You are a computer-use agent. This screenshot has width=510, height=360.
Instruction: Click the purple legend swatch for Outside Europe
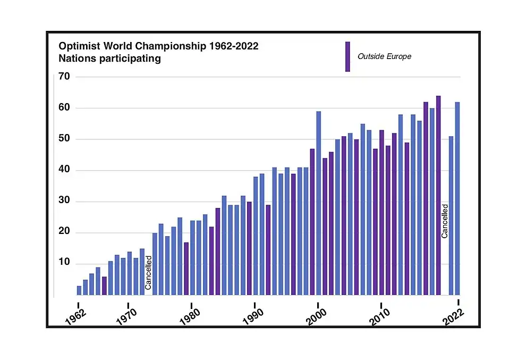(347, 56)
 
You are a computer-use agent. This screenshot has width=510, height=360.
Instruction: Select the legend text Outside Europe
(384, 56)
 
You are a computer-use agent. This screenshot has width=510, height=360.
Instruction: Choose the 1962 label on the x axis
(76, 316)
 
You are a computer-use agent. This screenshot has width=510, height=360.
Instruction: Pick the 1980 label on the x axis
(190, 316)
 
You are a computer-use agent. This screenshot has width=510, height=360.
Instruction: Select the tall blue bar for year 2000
(319, 203)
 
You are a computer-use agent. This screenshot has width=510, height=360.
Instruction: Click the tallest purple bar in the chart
(438, 195)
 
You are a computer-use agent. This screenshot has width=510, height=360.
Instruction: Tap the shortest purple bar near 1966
(104, 286)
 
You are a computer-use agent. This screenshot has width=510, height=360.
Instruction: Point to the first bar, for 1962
(79, 290)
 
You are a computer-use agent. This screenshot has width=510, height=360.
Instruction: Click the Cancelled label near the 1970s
(148, 272)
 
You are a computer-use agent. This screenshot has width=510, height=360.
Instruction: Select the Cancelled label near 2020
(445, 221)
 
